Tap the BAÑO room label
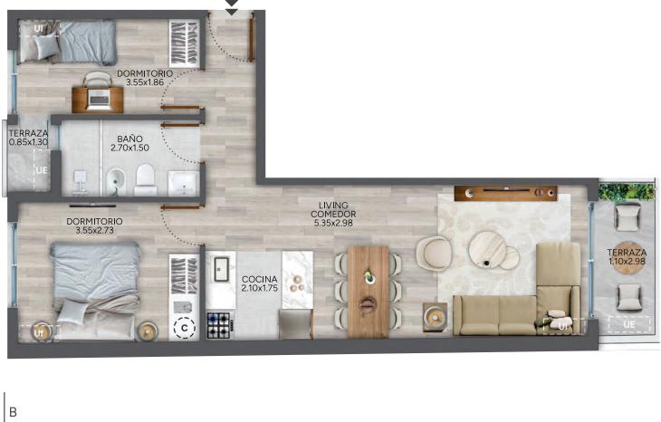pyautogui.click(x=129, y=139)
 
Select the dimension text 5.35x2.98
pyautogui.click(x=333, y=224)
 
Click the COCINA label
pyautogui.click(x=260, y=279)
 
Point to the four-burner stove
pyautogui.click(x=219, y=325)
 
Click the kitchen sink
pyautogui.click(x=220, y=269)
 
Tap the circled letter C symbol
pyautogui.click(x=184, y=328)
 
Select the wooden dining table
pyautogui.click(x=368, y=292)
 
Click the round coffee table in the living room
pyautogui.click(x=487, y=249)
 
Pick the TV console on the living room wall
pyautogui.click(x=505, y=193)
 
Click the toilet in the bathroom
pyautogui.click(x=146, y=180)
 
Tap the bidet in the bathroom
pyautogui.click(x=115, y=182)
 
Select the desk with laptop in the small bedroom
pyautogui.click(x=98, y=100)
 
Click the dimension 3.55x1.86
pyautogui.click(x=145, y=82)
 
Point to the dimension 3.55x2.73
pyautogui.click(x=94, y=230)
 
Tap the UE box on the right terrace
pyautogui.click(x=629, y=324)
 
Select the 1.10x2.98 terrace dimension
pyautogui.click(x=627, y=262)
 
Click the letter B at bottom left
pyautogui.click(x=13, y=412)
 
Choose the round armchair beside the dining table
pyautogui.click(x=435, y=253)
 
